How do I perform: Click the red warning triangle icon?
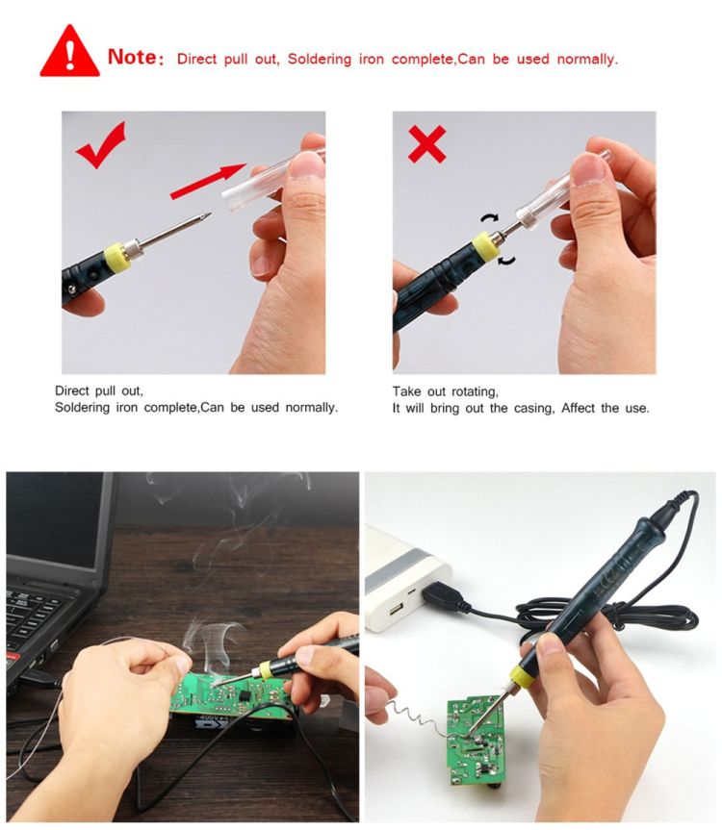[x=69, y=52]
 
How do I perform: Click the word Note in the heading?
[x=133, y=57]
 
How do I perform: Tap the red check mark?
[x=102, y=144]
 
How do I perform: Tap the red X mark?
[x=427, y=144]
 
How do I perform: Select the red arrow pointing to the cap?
[x=208, y=181]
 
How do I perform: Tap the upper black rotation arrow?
[x=490, y=217]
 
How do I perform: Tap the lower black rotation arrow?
[x=507, y=260]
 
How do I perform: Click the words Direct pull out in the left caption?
[x=99, y=391]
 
